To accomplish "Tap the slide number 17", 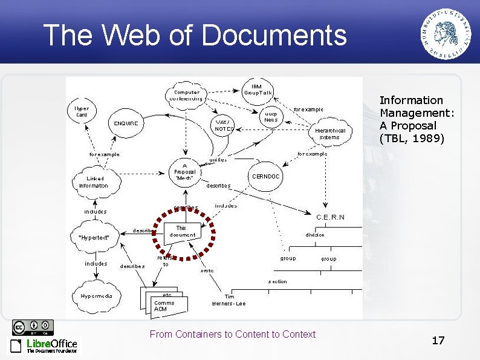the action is pyautogui.click(x=438, y=341).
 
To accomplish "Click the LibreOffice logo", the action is pyautogui.click(x=43, y=345).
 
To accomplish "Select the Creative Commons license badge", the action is pyautogui.click(x=33, y=327).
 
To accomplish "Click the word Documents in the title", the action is pyautogui.click(x=274, y=35).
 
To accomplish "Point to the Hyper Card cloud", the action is pyautogui.click(x=82, y=111).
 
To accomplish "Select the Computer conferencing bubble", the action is pyautogui.click(x=185, y=95).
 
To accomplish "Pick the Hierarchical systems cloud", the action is pyautogui.click(x=331, y=133).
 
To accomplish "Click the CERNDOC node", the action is pyautogui.click(x=265, y=177).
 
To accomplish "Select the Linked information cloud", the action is pyautogui.click(x=94, y=182).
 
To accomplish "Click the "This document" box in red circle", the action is pyautogui.click(x=182, y=231).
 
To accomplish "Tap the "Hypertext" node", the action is pyautogui.click(x=94, y=237).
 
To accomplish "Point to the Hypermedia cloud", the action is pyautogui.click(x=97, y=296).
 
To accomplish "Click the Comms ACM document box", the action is pyautogui.click(x=164, y=305).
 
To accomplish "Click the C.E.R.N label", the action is pyautogui.click(x=331, y=217).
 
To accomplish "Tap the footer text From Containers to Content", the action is pyautogui.click(x=232, y=334).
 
